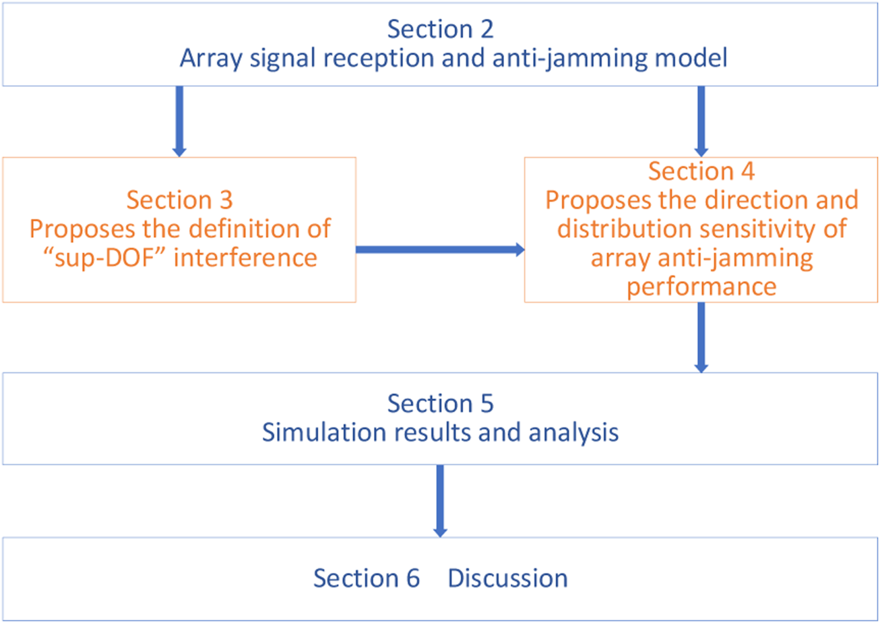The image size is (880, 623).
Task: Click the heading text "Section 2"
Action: [440, 31]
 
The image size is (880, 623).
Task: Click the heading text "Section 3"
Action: [179, 200]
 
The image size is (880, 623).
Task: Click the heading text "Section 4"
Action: [701, 171]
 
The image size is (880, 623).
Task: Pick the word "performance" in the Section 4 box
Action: [701, 287]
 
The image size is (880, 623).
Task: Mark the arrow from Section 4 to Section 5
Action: [701, 337]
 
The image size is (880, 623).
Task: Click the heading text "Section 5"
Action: [440, 403]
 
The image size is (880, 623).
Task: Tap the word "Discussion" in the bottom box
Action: [508, 578]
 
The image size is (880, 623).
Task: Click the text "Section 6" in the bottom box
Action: [367, 578]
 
